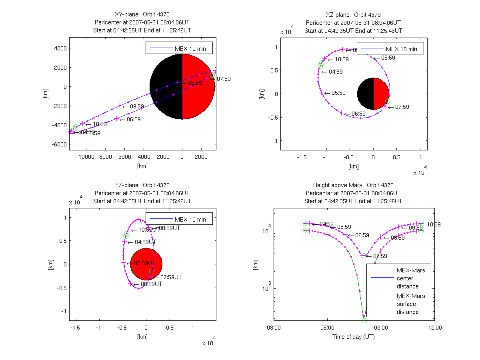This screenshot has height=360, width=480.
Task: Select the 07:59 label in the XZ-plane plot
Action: tap(402, 107)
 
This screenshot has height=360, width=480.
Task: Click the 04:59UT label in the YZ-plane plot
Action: tap(147, 242)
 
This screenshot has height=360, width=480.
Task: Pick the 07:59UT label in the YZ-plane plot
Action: tap(171, 277)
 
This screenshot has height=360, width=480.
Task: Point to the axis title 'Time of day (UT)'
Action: tap(354, 337)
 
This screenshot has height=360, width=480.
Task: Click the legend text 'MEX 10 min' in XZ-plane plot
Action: tap(402, 49)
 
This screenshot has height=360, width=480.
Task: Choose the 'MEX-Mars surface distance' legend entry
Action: tap(411, 304)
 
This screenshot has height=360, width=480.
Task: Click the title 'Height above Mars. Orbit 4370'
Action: tap(353, 185)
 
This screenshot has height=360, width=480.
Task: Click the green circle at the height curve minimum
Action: tap(364, 320)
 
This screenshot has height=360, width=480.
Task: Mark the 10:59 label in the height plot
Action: tap(434, 224)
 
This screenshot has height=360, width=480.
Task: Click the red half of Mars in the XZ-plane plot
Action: tap(381, 94)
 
